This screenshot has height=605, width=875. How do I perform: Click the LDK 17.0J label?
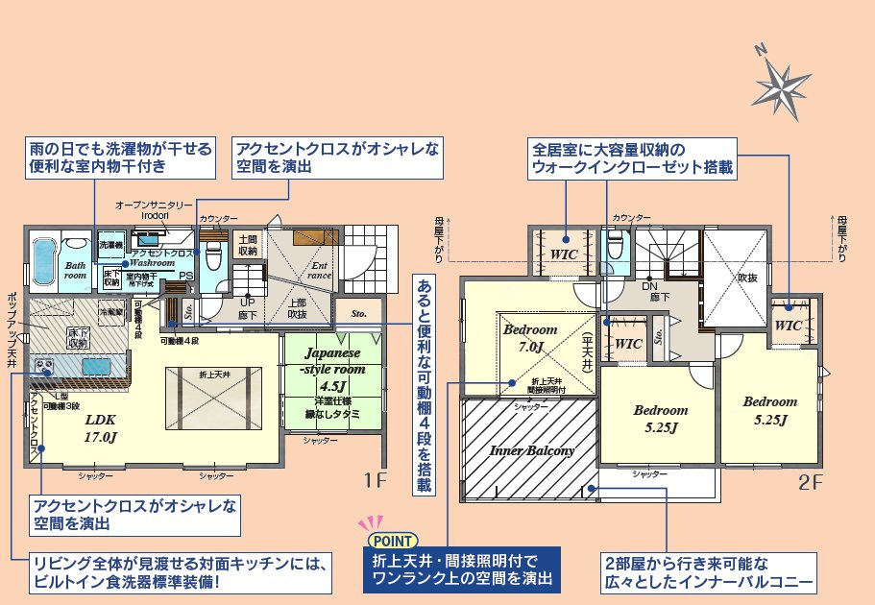pyautogui.click(x=100, y=428)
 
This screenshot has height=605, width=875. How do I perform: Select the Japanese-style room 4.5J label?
pyautogui.click(x=333, y=370)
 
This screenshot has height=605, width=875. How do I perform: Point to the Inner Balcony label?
pyautogui.click(x=532, y=450)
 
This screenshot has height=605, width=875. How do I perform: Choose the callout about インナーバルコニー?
pyautogui.click(x=709, y=572)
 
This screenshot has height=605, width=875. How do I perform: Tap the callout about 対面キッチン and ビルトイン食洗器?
pyautogui.click(x=182, y=572)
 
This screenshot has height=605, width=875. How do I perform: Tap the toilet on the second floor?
pyautogui.click(x=615, y=249)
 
